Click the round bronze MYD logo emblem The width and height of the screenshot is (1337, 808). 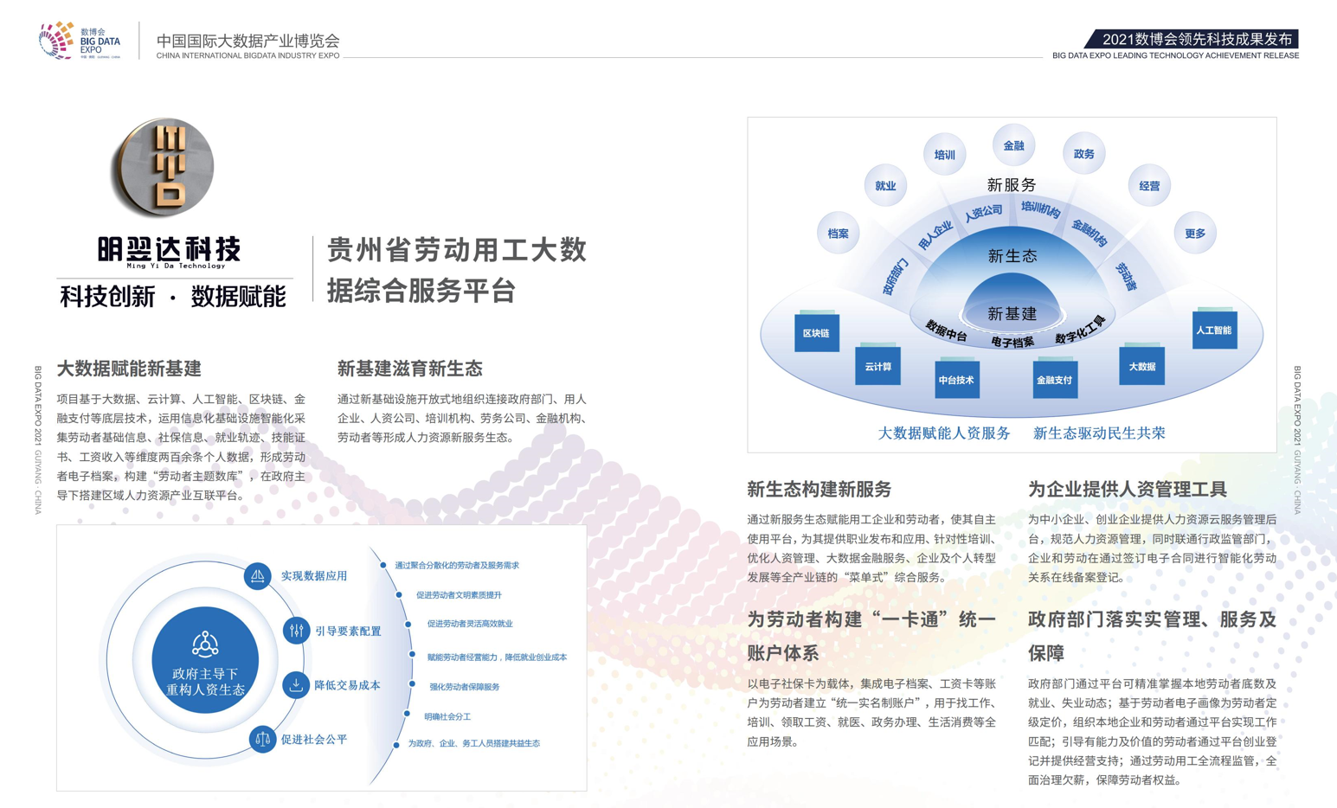click(163, 168)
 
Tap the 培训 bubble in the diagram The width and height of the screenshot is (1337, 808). click(944, 155)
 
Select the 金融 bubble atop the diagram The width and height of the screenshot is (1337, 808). click(1013, 146)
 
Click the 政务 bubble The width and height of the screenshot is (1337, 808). click(1083, 154)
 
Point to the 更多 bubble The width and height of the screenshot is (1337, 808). click(1195, 234)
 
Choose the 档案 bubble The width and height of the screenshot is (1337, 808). click(838, 234)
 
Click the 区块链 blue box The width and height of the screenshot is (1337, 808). click(816, 333)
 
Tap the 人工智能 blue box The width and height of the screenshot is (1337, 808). click(1213, 330)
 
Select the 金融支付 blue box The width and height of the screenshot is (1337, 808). click(1054, 379)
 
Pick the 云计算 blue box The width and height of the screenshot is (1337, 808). click(877, 367)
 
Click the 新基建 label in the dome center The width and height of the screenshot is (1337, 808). click(1012, 314)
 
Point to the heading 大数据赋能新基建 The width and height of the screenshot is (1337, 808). click(129, 369)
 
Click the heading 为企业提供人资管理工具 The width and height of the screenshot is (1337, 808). click(1127, 489)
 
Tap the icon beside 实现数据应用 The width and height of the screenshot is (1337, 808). click(257, 576)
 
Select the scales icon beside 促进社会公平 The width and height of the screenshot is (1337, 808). click(262, 740)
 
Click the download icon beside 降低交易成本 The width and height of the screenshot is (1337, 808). click(296, 685)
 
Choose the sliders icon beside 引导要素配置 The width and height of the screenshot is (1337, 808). click(297, 631)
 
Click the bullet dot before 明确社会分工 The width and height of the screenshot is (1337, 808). click(407, 714)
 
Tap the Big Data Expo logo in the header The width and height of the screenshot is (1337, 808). click(80, 41)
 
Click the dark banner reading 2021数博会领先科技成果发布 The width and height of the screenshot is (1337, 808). click(1194, 40)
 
